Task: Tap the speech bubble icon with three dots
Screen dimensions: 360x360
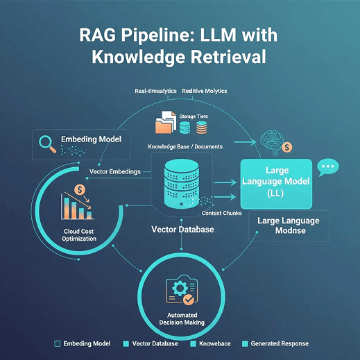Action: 328,168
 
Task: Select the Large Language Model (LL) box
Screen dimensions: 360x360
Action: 277,182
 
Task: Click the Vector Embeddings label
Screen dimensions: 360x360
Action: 116,171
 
